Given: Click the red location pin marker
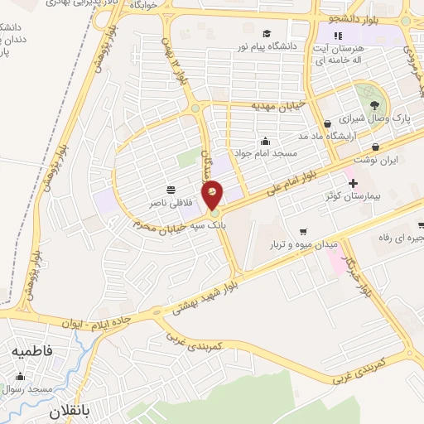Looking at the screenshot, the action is click(213, 193).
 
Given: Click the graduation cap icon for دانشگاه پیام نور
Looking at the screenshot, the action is click(267, 34).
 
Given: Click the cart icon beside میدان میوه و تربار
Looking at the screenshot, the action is click(303, 231).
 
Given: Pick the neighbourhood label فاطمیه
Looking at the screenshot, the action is click(31, 351).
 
